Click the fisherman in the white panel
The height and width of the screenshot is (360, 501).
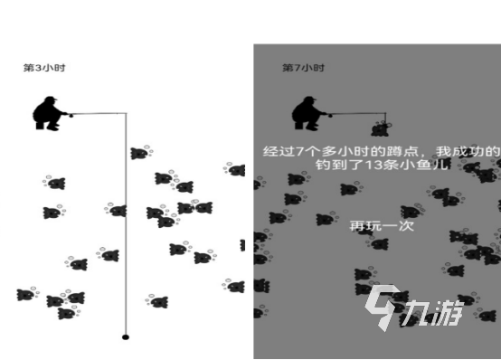coord(51,115)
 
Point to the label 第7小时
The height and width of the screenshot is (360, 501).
coord(303,68)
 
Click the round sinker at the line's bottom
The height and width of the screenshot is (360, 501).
coord(126,336)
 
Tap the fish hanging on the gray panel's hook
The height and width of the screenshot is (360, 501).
coord(381,128)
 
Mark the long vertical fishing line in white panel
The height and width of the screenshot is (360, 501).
coord(126,226)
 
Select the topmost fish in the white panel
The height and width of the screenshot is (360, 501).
coord(138,153)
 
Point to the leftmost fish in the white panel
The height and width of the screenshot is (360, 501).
coord(25,295)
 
